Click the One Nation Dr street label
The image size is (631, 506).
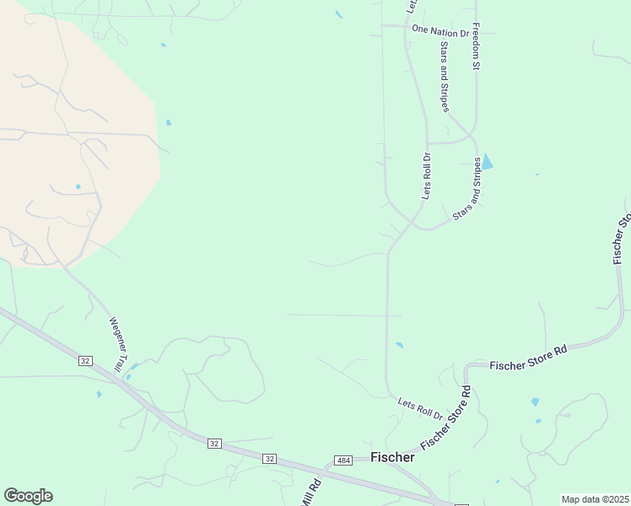440,32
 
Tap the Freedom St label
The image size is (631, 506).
476,46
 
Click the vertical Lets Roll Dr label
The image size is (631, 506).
427,176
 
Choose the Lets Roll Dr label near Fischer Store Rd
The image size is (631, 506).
420,411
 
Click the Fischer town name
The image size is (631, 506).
392,457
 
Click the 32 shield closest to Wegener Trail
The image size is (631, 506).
86,360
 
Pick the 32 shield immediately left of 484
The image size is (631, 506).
269,458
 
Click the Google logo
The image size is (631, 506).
28,496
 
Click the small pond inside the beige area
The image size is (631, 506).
78,186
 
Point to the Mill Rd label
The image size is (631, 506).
310,492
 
